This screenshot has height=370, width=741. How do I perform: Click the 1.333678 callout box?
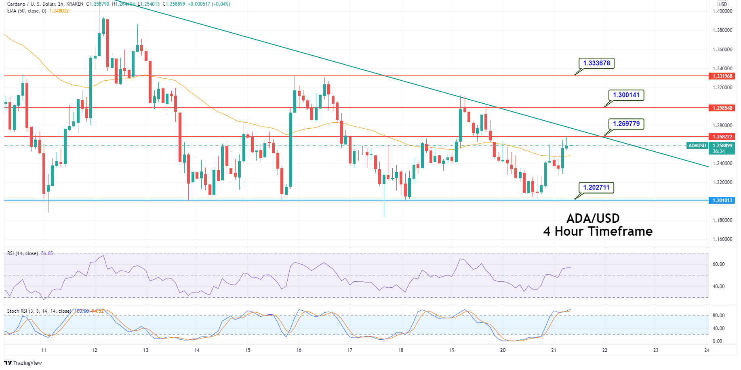tap(596, 63)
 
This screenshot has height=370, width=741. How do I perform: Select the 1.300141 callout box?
tap(626, 95)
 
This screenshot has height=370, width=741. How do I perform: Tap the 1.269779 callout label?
tap(626, 123)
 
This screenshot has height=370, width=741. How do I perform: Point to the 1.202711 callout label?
tap(596, 187)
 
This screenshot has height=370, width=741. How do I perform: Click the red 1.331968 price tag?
tap(722, 76)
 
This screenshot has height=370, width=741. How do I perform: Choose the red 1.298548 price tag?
tap(722, 108)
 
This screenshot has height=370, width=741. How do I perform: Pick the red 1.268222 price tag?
tap(722, 137)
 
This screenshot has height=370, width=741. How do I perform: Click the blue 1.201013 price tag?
tap(722, 201)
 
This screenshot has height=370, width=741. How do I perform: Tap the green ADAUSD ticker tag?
tap(697, 146)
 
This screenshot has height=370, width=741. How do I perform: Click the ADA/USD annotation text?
tap(593, 218)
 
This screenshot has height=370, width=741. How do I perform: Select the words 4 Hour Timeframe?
tap(598, 231)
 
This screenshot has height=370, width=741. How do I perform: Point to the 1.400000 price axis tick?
tap(722, 11)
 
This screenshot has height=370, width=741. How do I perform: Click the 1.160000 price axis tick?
tap(722, 239)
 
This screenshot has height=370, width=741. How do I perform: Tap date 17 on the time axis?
tap(349, 350)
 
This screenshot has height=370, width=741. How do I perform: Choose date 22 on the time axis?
tap(604, 350)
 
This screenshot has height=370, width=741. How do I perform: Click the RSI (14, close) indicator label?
tap(23, 253)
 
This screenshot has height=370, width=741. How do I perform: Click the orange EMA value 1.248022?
tap(59, 11)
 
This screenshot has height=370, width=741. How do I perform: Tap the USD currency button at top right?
tap(722, 4)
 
